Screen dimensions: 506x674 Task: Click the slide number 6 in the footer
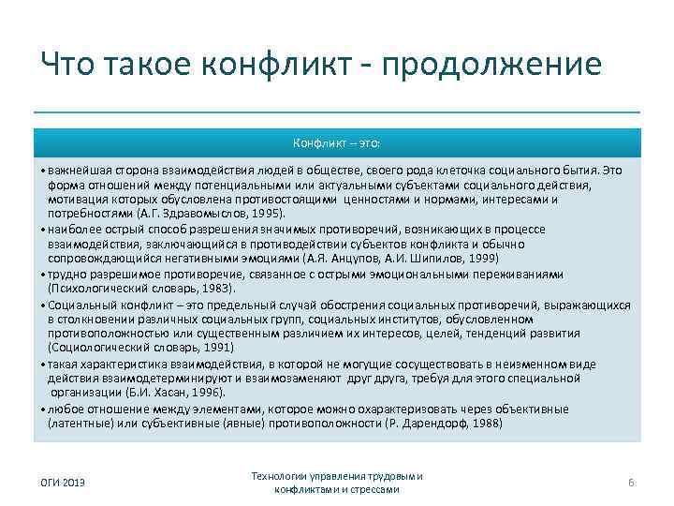(632, 482)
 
